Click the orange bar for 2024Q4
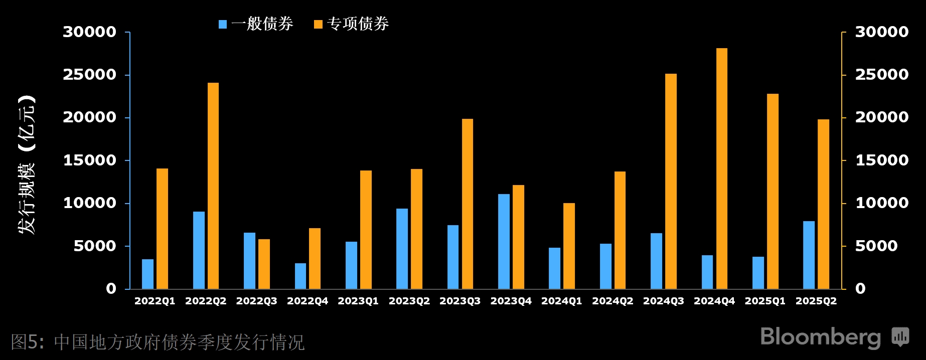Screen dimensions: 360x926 click(x=721, y=168)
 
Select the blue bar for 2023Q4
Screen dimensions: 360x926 click(x=504, y=241)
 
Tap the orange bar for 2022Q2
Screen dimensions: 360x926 click(x=213, y=186)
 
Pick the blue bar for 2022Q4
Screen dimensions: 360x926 click(x=300, y=276)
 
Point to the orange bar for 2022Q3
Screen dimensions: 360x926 click(x=264, y=264)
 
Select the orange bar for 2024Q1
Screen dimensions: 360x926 click(x=569, y=246)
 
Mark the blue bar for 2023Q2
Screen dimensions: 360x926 click(x=402, y=249)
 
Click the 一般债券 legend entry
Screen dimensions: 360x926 click(x=256, y=24)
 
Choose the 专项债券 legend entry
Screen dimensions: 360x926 click(x=351, y=24)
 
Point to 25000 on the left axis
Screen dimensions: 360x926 click(x=89, y=75)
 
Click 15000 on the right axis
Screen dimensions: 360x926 click(x=881, y=160)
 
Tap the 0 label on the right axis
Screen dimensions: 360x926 click(x=860, y=289)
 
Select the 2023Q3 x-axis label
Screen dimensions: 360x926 click(x=460, y=301)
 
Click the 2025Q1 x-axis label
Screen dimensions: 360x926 click(x=765, y=301)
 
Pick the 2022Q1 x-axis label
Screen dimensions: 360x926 click(x=155, y=301)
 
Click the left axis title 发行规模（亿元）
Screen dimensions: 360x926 click(x=27, y=164)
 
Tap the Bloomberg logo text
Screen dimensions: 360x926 click(x=820, y=337)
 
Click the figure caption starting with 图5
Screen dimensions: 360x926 click(x=158, y=342)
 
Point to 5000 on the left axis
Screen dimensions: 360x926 click(x=95, y=246)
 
